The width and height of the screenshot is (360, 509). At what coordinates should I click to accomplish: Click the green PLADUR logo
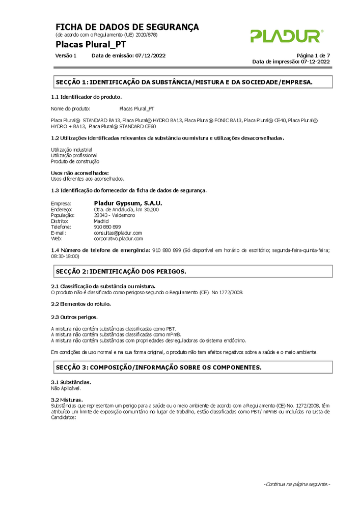coord(286,36)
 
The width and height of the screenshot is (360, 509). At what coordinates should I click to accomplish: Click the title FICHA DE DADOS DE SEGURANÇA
coord(127,27)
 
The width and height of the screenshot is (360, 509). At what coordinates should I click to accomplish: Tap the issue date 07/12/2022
coord(150,55)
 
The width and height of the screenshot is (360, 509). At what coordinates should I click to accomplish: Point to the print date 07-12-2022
coord(315,62)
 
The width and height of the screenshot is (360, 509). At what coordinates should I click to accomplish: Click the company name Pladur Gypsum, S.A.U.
coord(128,203)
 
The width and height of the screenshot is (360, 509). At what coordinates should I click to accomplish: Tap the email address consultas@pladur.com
coord(118,233)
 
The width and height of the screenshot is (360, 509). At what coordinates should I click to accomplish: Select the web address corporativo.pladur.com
coord(118,238)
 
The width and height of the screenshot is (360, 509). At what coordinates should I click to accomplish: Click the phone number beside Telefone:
coord(107,227)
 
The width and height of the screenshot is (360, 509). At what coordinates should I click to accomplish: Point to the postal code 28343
coord(101,215)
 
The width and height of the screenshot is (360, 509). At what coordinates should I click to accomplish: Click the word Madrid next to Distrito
coord(101,221)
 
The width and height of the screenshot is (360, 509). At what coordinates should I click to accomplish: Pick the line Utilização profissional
coord(74,155)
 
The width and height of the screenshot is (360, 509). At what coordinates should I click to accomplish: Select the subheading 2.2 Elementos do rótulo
coord(81,304)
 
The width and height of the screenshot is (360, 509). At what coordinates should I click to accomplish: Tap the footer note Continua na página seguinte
coord(297,484)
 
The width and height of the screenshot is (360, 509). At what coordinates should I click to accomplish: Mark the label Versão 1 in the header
coord(66,55)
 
